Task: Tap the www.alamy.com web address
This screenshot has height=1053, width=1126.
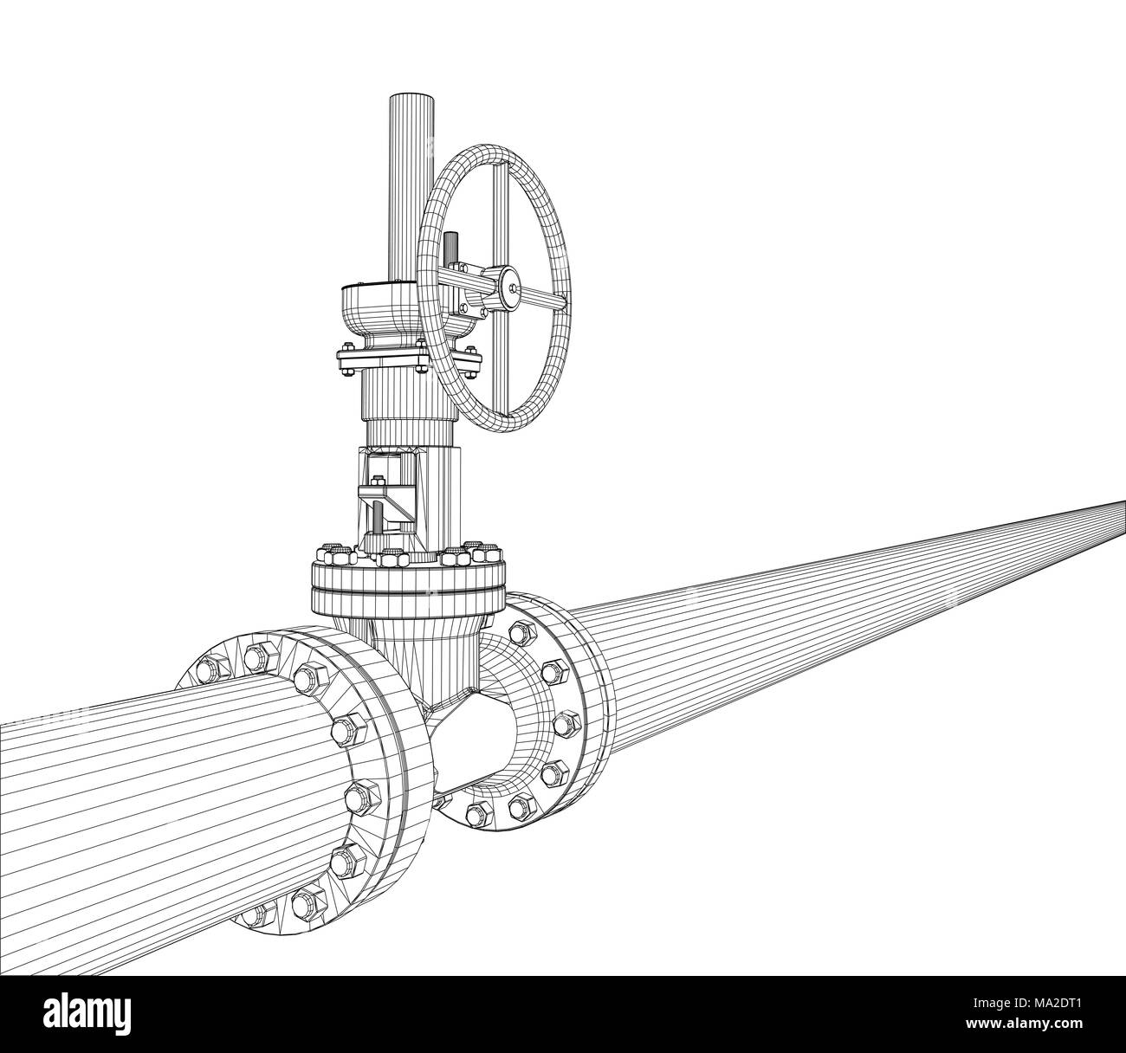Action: [x=1024, y=1024]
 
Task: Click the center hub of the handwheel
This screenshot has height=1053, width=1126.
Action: [x=512, y=288]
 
